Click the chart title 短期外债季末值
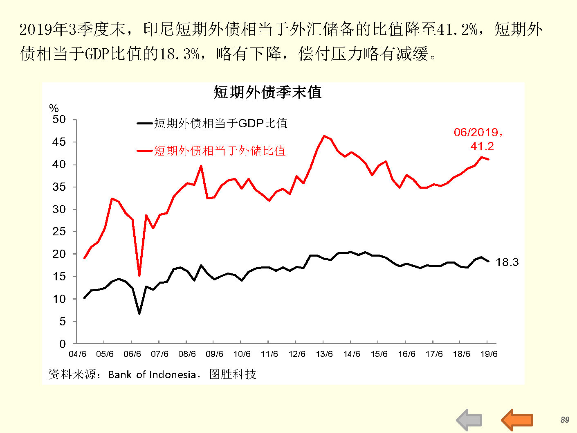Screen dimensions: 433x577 tap(267, 92)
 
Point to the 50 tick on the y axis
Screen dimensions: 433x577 tap(59, 120)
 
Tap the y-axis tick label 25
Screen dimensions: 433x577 tap(59, 232)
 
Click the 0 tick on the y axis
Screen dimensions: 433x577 tap(62, 344)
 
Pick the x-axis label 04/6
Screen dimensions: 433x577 tap(77, 354)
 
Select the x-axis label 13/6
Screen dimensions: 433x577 tap(324, 354)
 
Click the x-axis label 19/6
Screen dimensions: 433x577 tap(489, 354)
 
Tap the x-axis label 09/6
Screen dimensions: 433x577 tap(214, 354)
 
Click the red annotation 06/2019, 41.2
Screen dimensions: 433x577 tap(479, 139)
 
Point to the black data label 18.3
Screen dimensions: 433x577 tap(507, 262)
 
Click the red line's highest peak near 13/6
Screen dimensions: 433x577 tap(324, 136)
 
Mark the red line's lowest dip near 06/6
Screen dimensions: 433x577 tap(139, 275)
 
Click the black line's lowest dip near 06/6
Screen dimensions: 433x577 tap(139, 313)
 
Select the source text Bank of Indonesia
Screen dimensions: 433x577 tap(152, 374)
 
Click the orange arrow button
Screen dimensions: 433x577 tap(517, 419)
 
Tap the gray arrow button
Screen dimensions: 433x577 tap(469, 420)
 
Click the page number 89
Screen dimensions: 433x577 tap(565, 420)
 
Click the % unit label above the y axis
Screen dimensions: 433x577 tap(54, 108)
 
